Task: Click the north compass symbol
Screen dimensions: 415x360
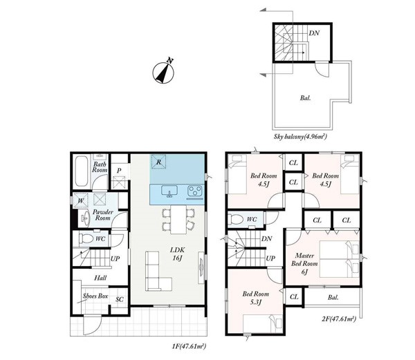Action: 163,72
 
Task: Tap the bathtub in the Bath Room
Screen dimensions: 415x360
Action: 82,171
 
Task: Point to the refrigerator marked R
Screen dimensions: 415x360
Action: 158,162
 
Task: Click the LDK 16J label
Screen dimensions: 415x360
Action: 177,254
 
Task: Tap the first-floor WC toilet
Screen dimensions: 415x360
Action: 86,239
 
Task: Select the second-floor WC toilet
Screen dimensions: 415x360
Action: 235,219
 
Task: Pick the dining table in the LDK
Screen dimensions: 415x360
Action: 178,219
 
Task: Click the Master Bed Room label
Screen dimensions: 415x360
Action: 304,260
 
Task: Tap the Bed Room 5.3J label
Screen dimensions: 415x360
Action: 255,298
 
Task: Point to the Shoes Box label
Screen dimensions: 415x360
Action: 95,296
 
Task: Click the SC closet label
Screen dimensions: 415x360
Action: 120,299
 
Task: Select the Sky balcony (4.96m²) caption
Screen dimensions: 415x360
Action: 300,137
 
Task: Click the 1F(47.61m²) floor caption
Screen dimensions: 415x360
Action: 189,346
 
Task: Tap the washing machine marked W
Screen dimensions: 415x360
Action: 81,200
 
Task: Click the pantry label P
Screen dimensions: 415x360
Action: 119,171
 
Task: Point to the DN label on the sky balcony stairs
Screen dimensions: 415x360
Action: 314,33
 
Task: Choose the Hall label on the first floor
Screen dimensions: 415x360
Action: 100,278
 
